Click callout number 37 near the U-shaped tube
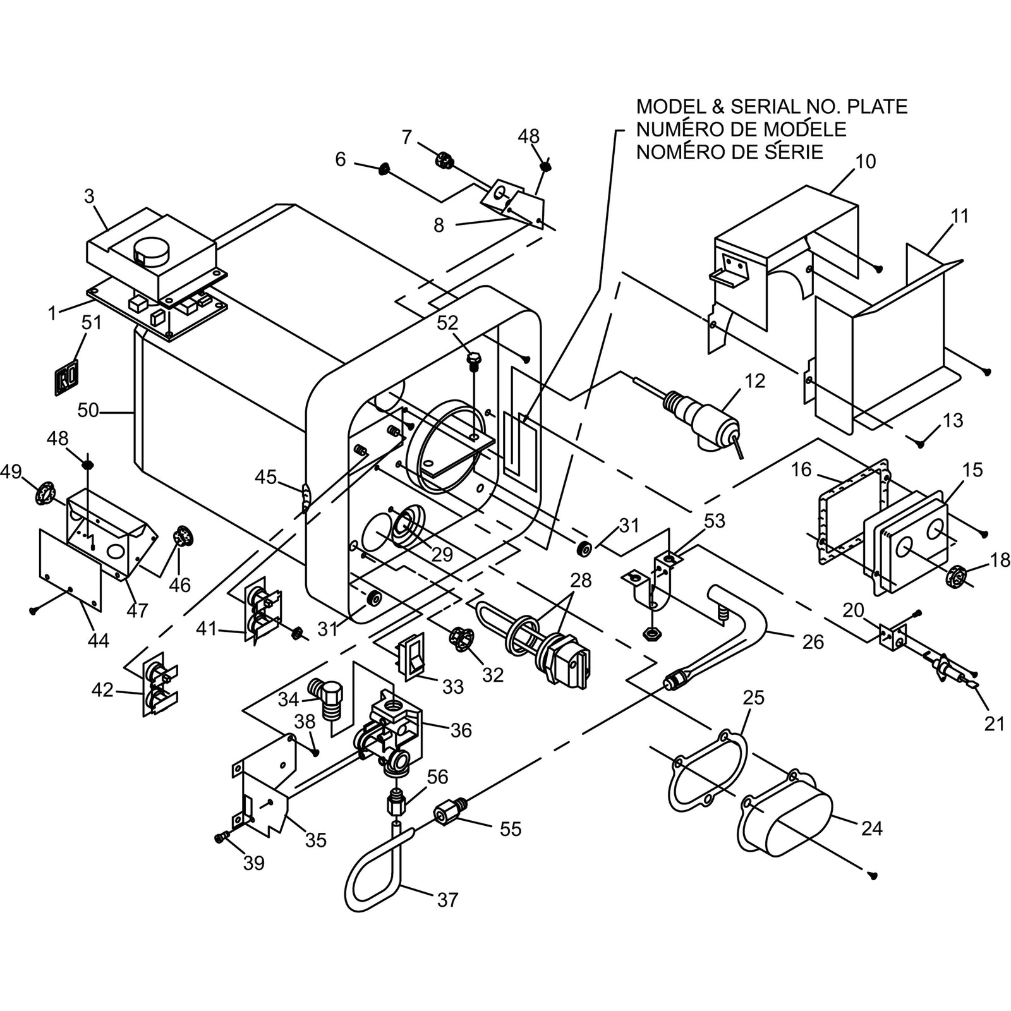click(447, 899)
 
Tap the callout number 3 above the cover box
click(89, 197)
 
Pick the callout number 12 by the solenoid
click(754, 381)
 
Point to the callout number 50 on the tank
click(88, 411)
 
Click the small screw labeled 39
click(221, 837)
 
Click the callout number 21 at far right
click(995, 724)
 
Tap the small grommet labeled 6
click(383, 169)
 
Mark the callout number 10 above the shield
click(866, 162)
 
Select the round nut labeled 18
click(957, 576)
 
